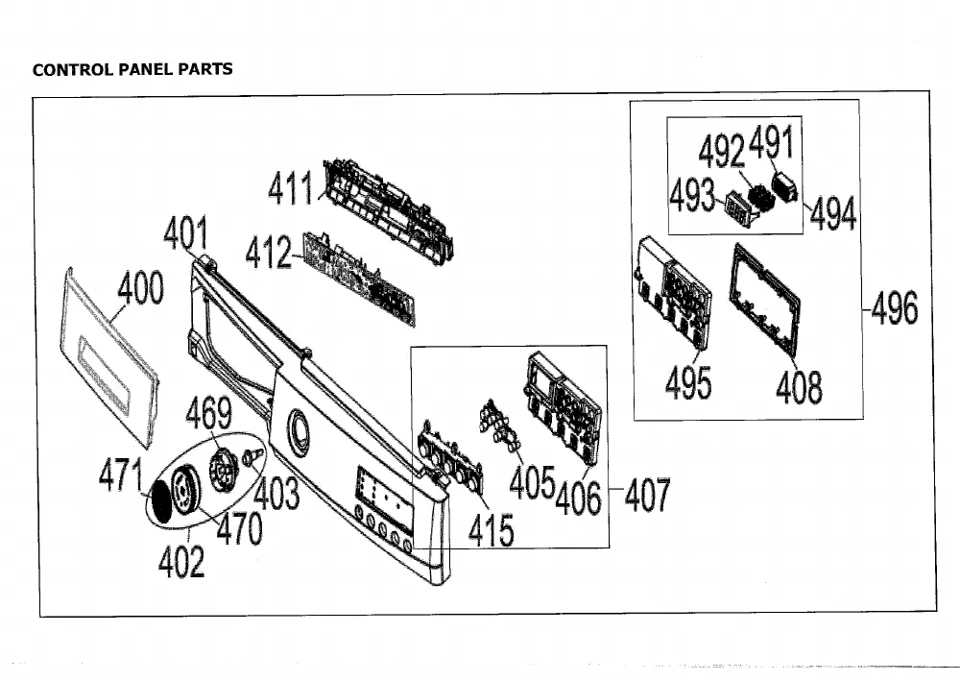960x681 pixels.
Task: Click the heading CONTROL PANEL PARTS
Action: [x=132, y=69]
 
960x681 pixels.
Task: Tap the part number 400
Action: [x=140, y=287]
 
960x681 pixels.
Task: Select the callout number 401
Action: [x=185, y=233]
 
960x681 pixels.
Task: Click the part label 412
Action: [x=268, y=253]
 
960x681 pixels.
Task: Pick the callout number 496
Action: [x=895, y=307]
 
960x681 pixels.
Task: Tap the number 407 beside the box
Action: [x=648, y=495]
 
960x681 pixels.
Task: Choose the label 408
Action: [x=799, y=387]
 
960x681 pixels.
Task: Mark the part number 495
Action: [x=688, y=382]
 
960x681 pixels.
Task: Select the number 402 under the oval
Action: [x=181, y=561]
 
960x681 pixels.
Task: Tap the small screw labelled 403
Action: [x=252, y=456]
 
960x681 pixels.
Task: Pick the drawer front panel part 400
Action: [x=109, y=356]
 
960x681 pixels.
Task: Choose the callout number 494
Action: [x=832, y=214]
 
